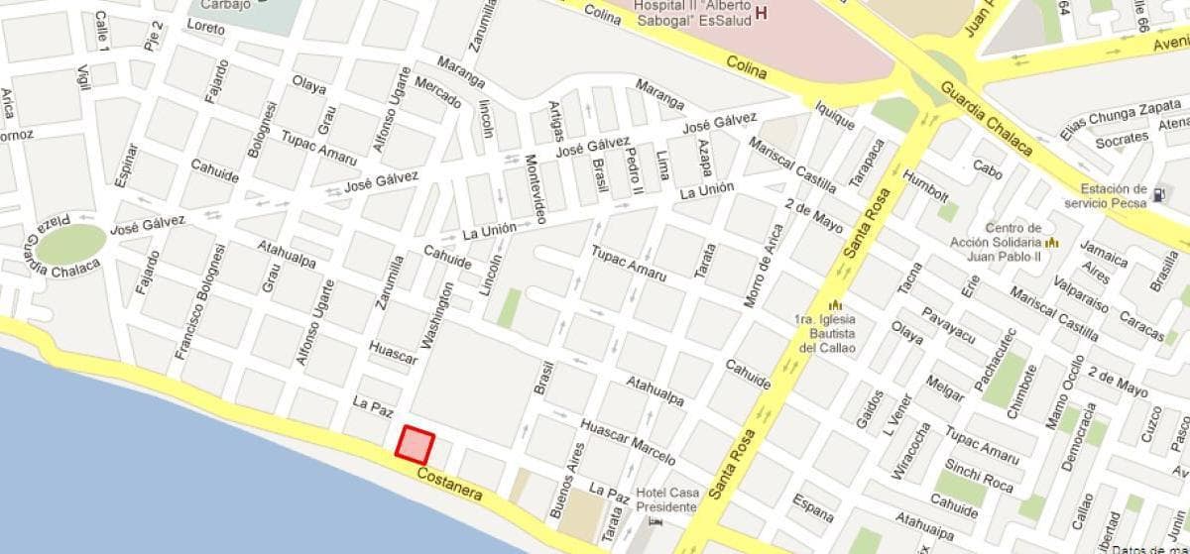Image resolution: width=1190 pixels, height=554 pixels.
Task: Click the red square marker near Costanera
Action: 415,444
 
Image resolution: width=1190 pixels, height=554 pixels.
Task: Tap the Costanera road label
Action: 449,484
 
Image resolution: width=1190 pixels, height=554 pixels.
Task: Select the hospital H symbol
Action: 762,13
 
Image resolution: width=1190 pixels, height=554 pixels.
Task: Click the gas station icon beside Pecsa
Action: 1159,194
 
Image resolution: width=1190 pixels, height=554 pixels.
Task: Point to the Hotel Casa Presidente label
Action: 666,499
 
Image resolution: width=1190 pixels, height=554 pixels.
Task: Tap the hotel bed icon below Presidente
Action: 654,521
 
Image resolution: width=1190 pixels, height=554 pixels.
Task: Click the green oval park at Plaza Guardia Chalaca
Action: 70,244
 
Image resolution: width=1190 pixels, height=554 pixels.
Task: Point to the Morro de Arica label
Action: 763,266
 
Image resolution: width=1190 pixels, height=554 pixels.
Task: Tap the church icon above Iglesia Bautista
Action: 835,304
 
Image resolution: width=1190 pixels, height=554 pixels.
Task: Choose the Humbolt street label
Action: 925,186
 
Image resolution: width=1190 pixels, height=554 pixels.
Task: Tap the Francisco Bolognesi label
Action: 200,301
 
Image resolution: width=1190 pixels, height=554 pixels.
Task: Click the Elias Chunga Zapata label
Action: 1120,120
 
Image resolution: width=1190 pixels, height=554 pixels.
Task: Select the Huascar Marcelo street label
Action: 627,442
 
